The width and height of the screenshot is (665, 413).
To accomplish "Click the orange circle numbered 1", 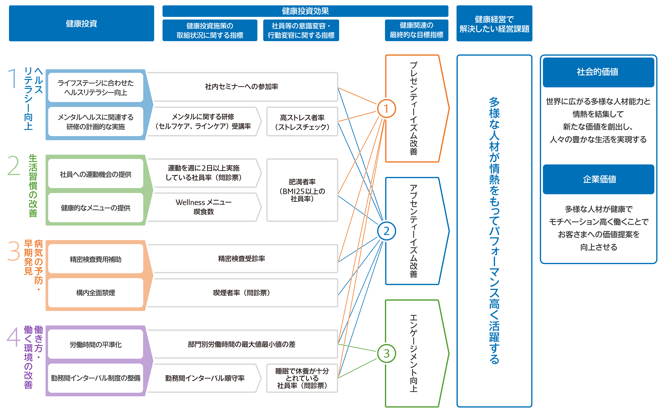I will pos(386,109).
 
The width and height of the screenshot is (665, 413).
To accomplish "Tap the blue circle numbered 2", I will pos(386,231).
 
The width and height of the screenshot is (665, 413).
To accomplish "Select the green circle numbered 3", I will pos(386,353).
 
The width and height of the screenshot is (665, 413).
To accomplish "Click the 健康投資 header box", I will pos(81,23).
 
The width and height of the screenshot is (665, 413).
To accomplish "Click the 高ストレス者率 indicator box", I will pos(302,122).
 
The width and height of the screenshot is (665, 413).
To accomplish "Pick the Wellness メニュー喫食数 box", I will pos(204,207).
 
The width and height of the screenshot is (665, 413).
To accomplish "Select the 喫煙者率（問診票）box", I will pos(242,293).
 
